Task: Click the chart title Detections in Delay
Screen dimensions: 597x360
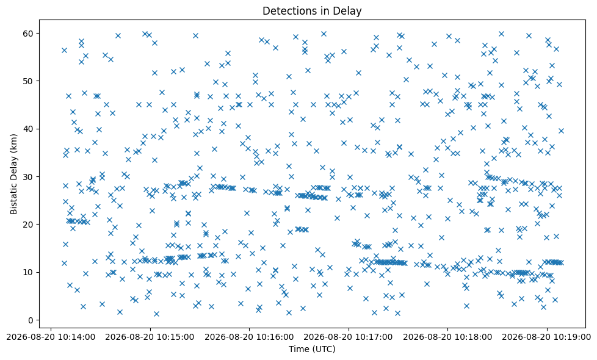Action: coord(312,11)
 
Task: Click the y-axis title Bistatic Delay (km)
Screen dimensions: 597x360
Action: coord(13,175)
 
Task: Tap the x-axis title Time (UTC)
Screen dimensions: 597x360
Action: coord(312,348)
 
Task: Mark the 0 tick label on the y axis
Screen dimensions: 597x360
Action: coord(31,320)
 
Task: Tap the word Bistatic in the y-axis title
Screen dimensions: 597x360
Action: coord(13,198)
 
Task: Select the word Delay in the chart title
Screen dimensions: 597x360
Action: coord(349,12)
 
